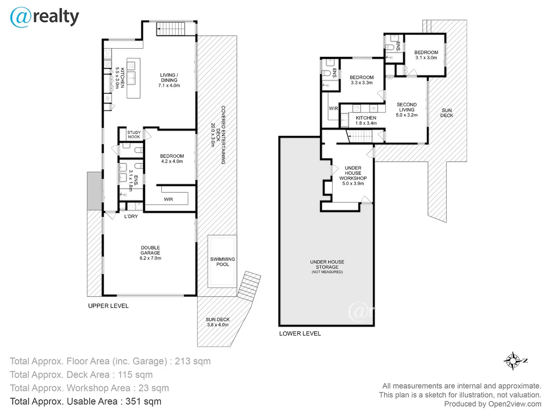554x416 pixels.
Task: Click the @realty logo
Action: click(44, 17)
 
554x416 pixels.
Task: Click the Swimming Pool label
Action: click(222, 262)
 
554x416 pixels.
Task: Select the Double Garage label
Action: click(150, 253)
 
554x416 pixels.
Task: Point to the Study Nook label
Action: click(134, 135)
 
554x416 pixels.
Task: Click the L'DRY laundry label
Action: click(131, 216)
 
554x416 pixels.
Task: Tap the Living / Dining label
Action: click(169, 81)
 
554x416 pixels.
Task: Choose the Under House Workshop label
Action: click(353, 176)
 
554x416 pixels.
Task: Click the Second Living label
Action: click(407, 110)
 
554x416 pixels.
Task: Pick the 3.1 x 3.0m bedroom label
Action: click(426, 55)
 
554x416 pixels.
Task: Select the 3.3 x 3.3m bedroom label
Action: click(362, 80)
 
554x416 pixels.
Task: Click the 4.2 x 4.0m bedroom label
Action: click(172, 159)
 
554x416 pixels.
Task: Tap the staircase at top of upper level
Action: click(171, 29)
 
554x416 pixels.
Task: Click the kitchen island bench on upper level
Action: click(133, 78)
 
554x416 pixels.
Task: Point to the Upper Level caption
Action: click(108, 306)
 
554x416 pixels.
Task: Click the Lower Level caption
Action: click(300, 334)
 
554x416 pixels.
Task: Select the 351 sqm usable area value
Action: click(144, 401)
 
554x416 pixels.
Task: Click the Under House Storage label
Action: click(327, 267)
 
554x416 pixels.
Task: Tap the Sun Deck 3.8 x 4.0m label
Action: click(218, 322)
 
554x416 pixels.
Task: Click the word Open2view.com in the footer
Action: click(515, 404)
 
